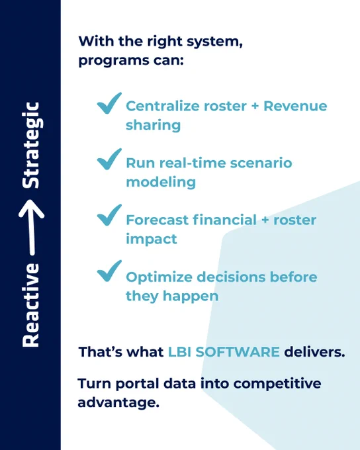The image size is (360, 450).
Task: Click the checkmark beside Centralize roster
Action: [x=109, y=104]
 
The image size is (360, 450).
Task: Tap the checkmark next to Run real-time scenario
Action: [x=109, y=159]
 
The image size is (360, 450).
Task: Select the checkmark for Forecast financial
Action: [x=109, y=216]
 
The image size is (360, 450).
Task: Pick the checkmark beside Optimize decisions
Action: [x=109, y=271]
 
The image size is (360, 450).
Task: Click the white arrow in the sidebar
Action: [x=32, y=227]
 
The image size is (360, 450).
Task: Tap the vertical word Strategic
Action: [x=32, y=145]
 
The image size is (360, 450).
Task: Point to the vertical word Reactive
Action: [x=30, y=305]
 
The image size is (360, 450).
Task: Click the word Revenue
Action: [x=295, y=106]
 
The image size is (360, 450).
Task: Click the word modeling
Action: [x=161, y=182]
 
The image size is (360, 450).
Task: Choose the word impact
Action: [x=152, y=239]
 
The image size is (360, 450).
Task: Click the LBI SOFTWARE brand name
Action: [x=224, y=352]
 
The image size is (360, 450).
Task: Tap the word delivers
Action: [x=314, y=352]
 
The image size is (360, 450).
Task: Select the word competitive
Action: [x=277, y=384]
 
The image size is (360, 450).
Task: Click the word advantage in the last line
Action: [x=118, y=402]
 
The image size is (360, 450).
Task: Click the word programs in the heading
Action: [x=114, y=61]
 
